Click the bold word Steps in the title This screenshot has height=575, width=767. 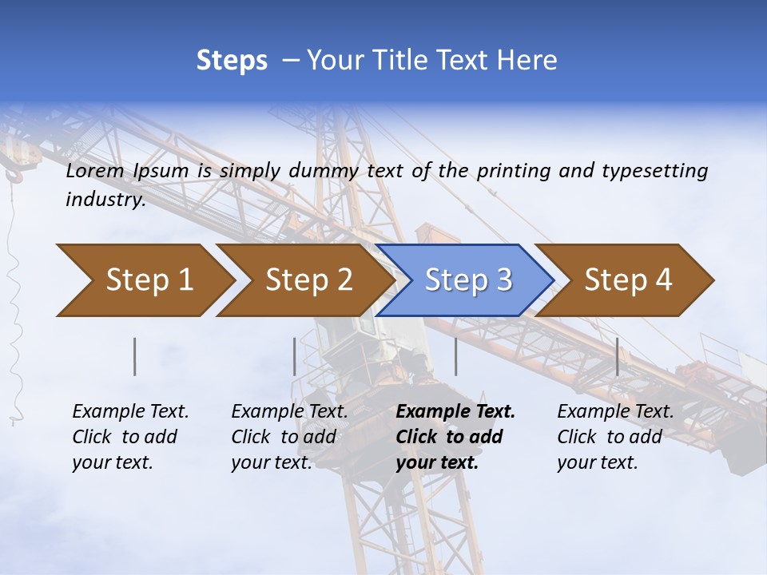232,61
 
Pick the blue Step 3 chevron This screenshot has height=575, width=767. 468,280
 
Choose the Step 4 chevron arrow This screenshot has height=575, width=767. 628,280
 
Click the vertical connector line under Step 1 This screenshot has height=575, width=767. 135,356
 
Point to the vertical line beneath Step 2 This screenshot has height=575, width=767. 295,356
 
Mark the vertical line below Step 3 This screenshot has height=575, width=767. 456,356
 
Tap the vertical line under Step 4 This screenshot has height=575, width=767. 618,356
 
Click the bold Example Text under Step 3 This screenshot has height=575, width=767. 455,437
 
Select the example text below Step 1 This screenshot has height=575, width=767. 130,437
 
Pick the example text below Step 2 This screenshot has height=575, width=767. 289,437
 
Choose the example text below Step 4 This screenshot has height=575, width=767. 615,437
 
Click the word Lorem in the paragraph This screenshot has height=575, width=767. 95,170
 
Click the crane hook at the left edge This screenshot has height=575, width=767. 14,175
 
